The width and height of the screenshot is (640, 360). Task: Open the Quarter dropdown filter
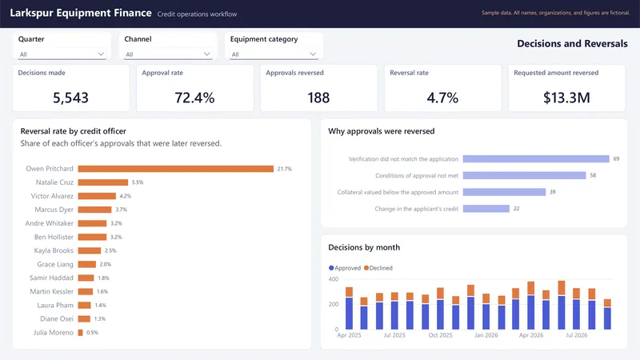[62, 54]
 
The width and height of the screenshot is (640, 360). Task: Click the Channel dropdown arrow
[207, 54]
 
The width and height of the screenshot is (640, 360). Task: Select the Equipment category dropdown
[274, 54]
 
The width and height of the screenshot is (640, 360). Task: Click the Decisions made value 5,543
[70, 98]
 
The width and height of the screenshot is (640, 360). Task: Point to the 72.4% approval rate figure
[194, 98]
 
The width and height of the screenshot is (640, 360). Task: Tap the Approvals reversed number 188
[318, 98]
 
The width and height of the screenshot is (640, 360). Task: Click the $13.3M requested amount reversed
[566, 98]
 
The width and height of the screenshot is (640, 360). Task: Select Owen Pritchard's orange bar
[176, 169]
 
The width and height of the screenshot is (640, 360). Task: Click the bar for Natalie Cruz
[103, 182]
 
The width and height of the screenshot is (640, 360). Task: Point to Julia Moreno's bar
[81, 333]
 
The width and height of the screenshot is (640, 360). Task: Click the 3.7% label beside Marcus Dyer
[122, 210]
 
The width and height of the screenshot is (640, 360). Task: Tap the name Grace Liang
[55, 265]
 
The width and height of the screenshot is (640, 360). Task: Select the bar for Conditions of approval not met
[525, 175]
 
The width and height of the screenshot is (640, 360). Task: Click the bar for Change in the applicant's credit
[486, 209]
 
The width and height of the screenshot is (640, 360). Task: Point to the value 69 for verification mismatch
[616, 158]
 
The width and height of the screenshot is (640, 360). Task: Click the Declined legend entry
[378, 268]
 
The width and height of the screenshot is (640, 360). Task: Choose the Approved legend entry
[345, 268]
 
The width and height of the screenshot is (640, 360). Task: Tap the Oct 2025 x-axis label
[441, 335]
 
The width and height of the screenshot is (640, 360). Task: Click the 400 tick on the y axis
[334, 279]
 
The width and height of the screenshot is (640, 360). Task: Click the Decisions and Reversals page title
[572, 44]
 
